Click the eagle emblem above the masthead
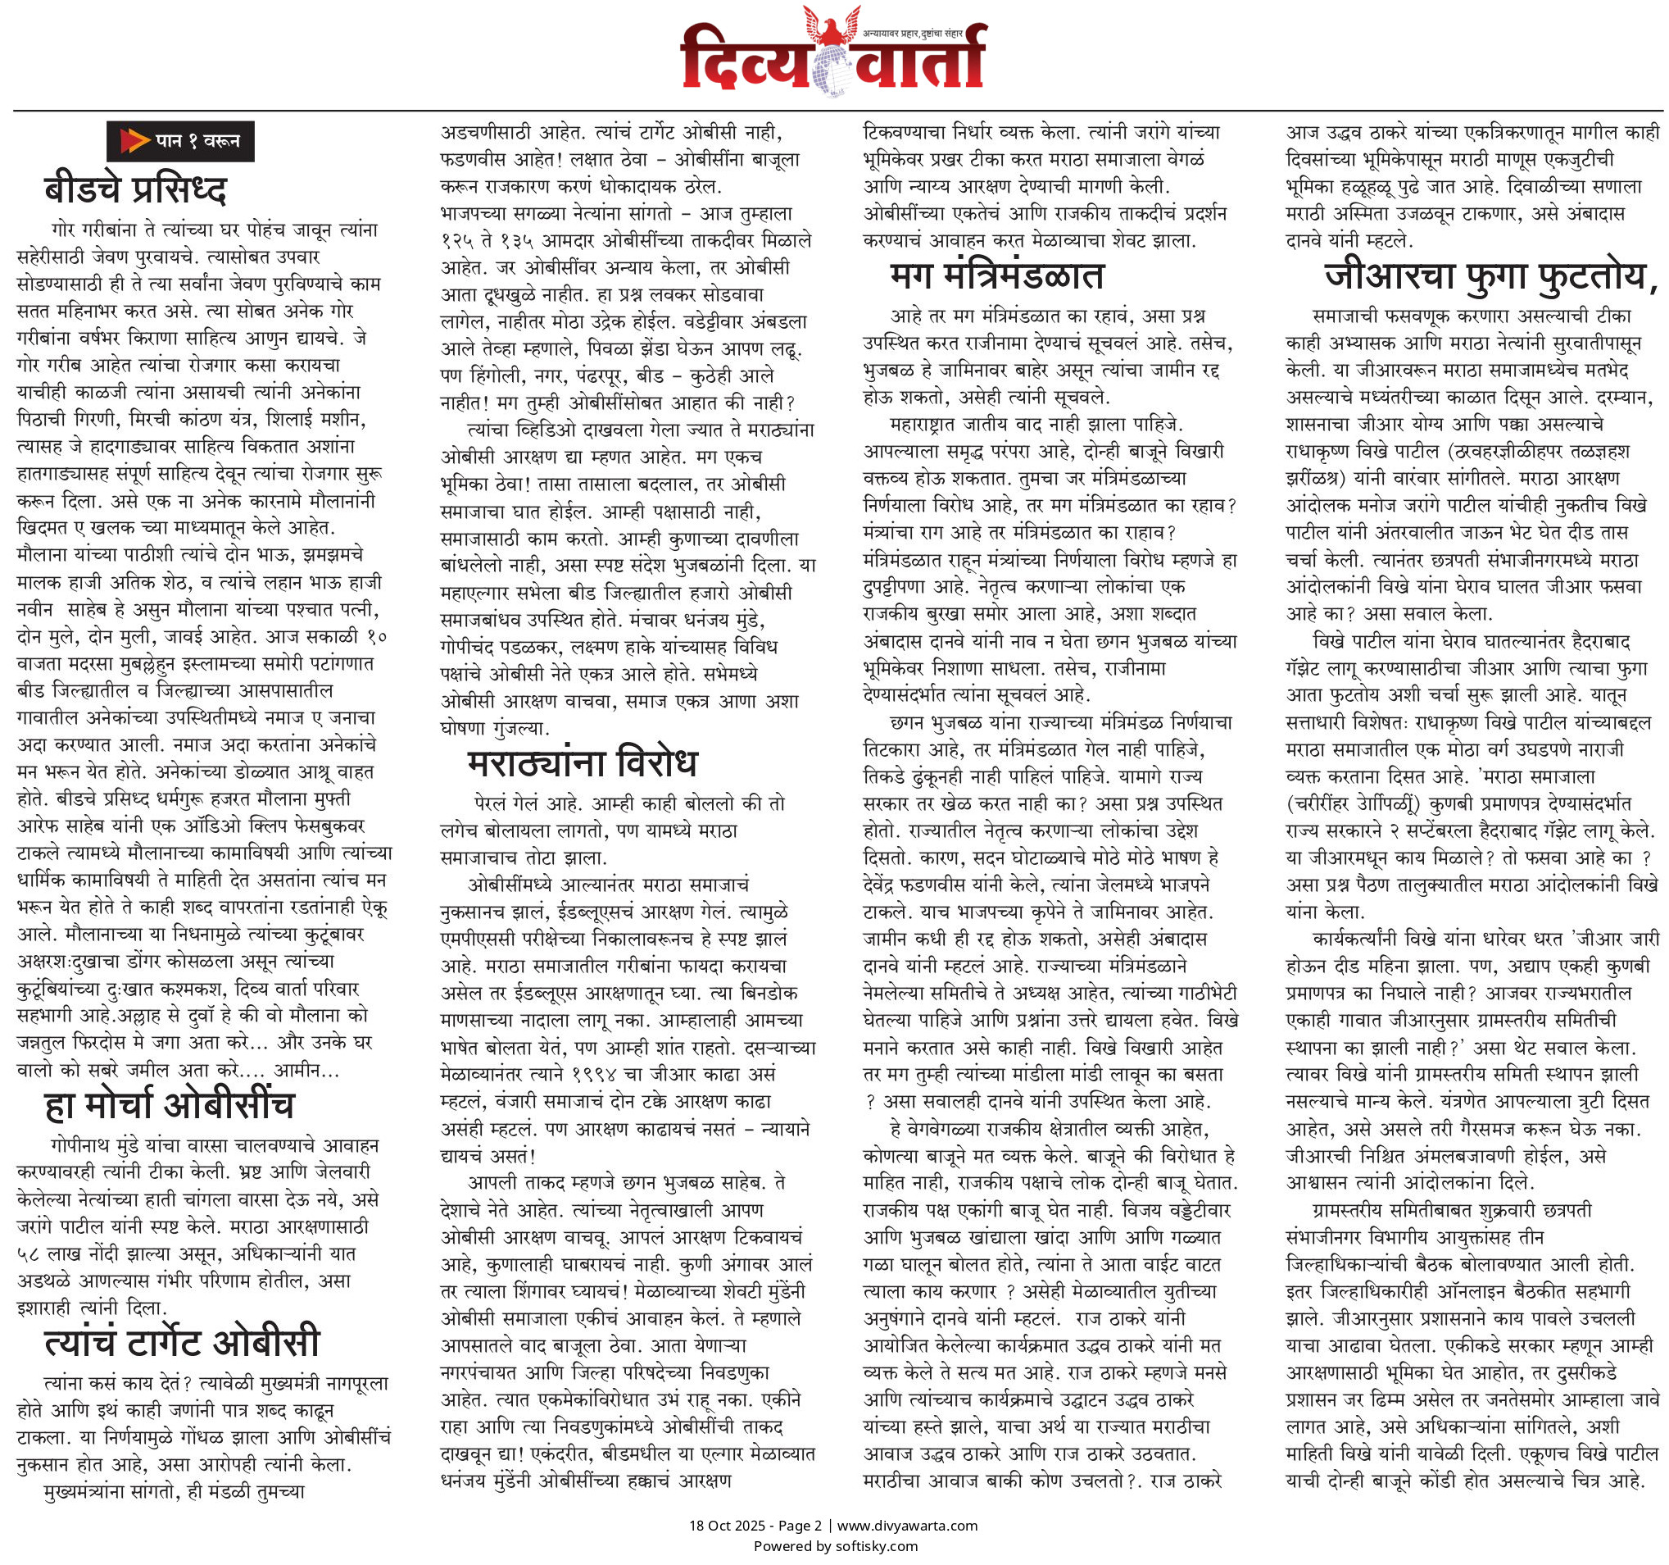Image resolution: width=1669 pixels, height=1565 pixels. coord(832,25)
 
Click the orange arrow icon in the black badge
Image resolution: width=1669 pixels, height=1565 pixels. coord(134,140)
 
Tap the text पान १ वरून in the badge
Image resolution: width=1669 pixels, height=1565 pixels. coord(197,141)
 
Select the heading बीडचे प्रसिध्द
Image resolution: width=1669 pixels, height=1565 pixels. coord(135,190)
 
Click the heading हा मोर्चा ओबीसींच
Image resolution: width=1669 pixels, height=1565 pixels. coord(169,1105)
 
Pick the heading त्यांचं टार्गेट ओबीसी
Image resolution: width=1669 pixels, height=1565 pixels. coord(181,1342)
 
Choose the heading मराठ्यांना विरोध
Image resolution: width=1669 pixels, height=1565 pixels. coord(582,762)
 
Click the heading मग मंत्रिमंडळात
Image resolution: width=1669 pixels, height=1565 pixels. coord(996,275)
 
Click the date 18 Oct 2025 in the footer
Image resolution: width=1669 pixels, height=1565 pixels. coord(727,1526)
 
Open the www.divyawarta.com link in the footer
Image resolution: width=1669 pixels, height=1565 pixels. coord(907,1526)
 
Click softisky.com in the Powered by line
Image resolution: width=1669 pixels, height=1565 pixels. coord(877,1545)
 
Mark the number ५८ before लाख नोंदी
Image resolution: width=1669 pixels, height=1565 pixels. coord(29,1254)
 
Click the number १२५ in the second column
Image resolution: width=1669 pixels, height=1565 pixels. coord(458,241)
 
